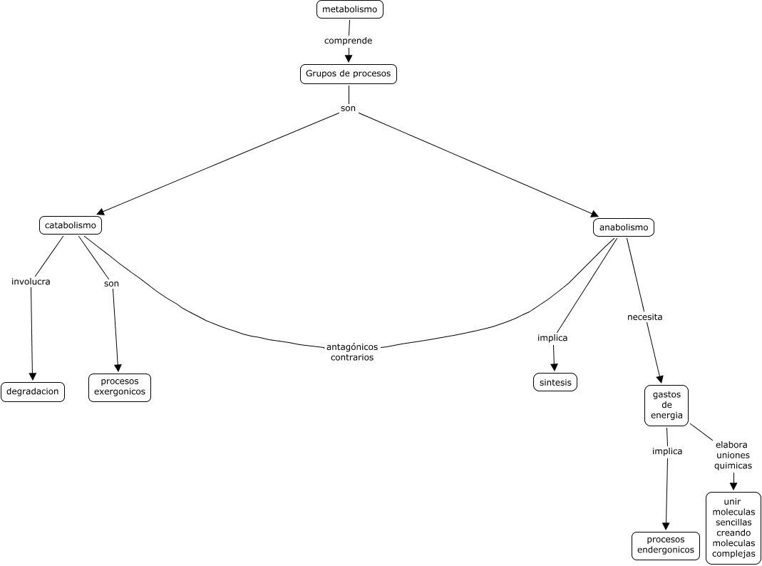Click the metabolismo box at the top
tap(349, 9)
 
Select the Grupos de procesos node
tap(348, 74)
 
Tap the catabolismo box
tap(70, 225)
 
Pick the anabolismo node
tap(624, 227)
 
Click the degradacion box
tap(33, 392)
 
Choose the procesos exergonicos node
tap(120, 387)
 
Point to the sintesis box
tap(555, 382)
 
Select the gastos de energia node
tap(666, 405)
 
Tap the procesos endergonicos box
tap(666, 545)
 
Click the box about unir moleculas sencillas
tap(733, 528)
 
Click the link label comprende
tap(348, 41)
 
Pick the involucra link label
tap(31, 282)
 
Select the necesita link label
tap(644, 317)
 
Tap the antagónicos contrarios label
tap(352, 352)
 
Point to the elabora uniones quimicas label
tap(733, 455)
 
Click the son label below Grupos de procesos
tap(348, 108)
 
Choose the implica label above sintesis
tap(552, 338)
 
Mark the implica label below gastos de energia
tap(667, 451)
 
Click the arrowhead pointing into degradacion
tap(32, 376)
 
